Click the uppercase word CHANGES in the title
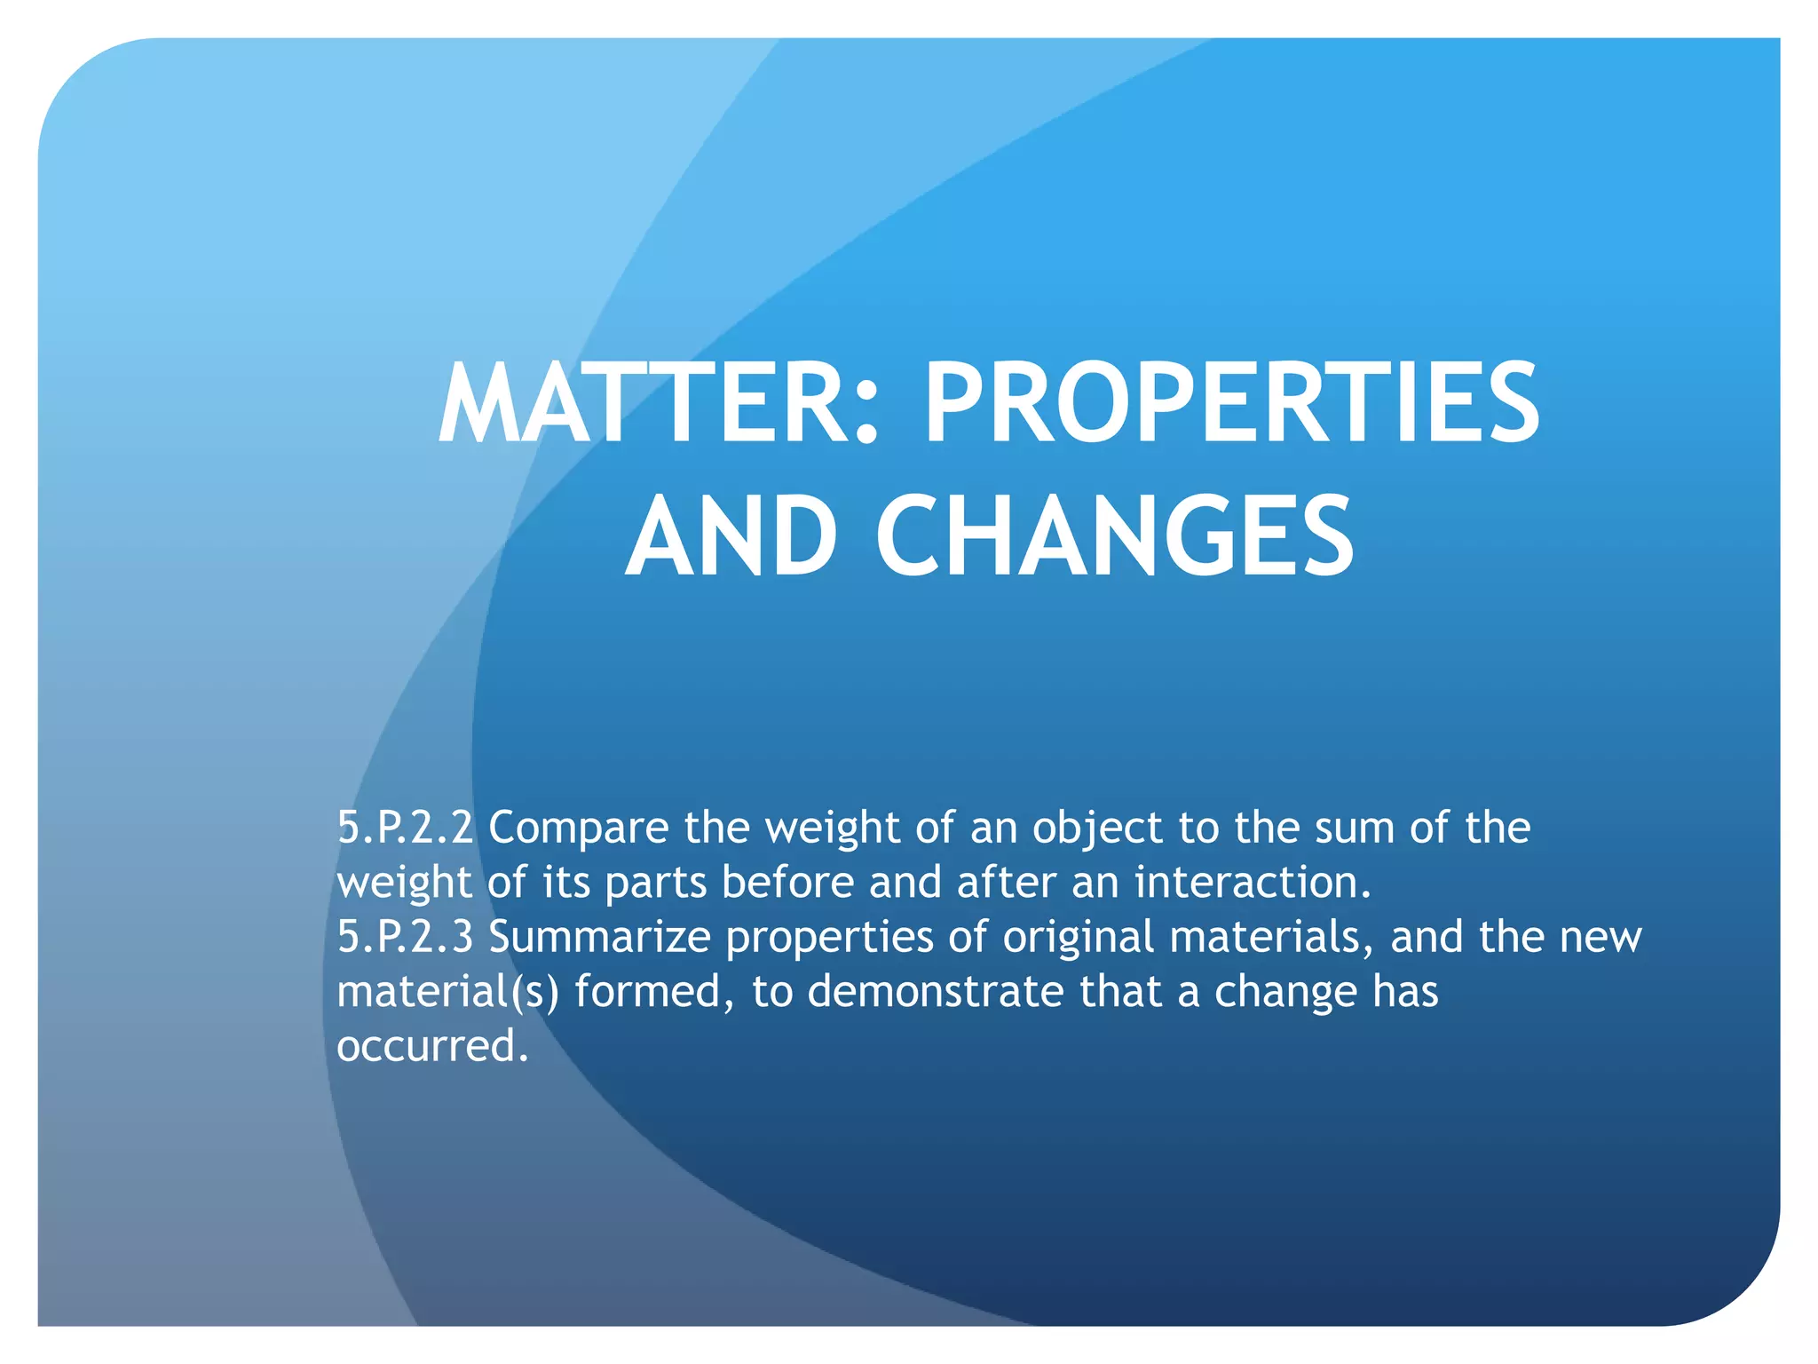coord(1115,535)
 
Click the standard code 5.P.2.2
coord(405,828)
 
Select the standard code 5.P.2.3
coord(405,937)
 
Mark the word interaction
coord(1253,882)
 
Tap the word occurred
coord(432,1046)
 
